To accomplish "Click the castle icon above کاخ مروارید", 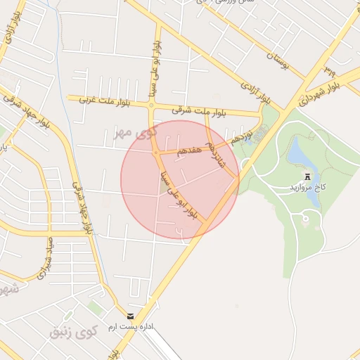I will [307, 175].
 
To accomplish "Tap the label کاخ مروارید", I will [307, 188].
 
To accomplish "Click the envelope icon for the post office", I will [130, 316].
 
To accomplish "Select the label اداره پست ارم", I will [130, 328].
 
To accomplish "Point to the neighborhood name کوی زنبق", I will [73, 330].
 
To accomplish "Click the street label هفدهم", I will [190, 149].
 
